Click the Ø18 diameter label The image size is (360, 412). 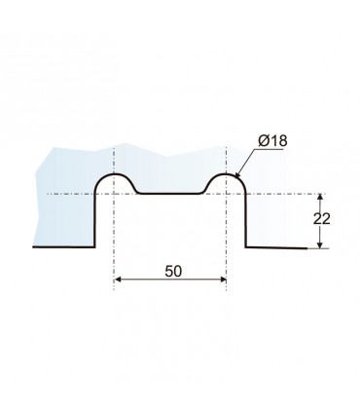(272, 141)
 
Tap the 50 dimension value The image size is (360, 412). (173, 272)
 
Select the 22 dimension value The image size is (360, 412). (321, 219)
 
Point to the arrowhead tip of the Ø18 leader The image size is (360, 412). (234, 177)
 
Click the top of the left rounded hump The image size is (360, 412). (114, 174)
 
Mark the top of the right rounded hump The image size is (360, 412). (226, 174)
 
